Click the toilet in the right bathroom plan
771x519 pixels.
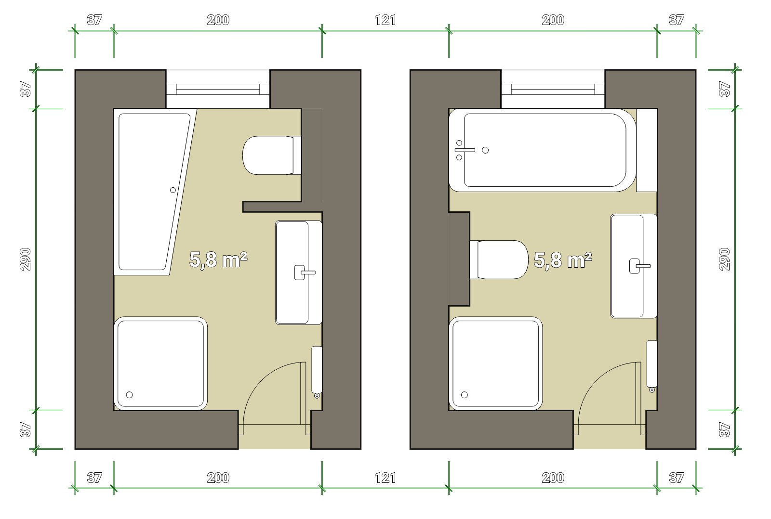click(499, 259)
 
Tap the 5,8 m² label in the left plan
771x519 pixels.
click(218, 259)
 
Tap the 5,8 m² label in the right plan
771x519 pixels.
click(563, 259)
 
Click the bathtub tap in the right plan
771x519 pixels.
click(465, 150)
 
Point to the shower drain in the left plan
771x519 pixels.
click(130, 395)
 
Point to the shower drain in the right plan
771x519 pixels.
click(465, 394)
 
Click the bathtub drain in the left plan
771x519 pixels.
click(173, 190)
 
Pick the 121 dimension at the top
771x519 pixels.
click(385, 20)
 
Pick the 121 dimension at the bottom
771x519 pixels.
click(385, 478)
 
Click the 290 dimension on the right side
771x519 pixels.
click(725, 259)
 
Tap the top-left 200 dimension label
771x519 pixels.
click(218, 20)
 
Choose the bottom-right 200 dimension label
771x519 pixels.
click(553, 478)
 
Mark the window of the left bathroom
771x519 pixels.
click(218, 89)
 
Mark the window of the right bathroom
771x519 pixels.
click(553, 89)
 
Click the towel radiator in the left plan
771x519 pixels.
click(317, 370)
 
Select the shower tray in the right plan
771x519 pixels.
click(496, 363)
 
